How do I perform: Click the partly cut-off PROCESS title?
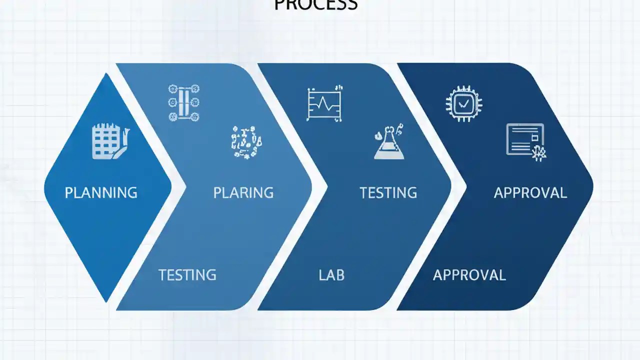(316, 5)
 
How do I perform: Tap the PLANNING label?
(101, 192)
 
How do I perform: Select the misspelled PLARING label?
(243, 192)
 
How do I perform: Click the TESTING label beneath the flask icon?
(388, 192)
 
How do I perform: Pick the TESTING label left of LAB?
(187, 274)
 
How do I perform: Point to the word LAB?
(331, 274)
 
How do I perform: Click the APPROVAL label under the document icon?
(530, 192)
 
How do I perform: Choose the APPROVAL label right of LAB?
(469, 274)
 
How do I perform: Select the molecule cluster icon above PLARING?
(246, 142)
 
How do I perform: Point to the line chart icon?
(325, 103)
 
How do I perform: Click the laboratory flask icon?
(389, 144)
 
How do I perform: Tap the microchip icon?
(463, 103)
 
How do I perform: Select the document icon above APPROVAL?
(525, 140)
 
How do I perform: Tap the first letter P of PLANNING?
(69, 192)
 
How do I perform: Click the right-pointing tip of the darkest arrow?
(592, 186)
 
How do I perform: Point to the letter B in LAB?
(339, 274)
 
